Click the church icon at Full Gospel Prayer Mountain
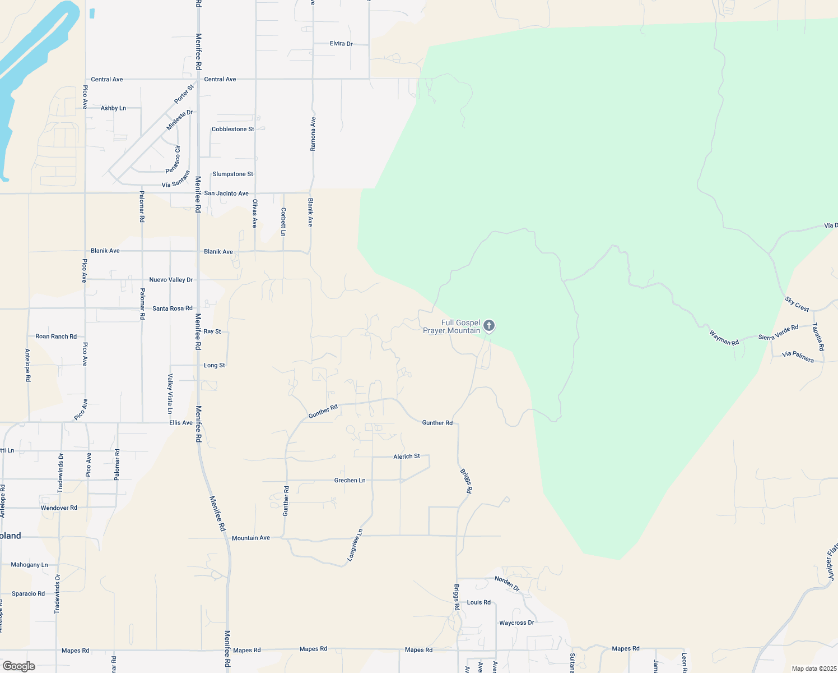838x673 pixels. coord(489,325)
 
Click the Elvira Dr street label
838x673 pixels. coord(341,44)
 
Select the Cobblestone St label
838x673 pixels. coord(232,129)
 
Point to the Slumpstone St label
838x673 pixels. coord(232,174)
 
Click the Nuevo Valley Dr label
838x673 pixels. coord(171,279)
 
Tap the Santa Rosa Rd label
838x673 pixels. coord(173,308)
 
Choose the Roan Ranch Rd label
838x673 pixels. coord(56,336)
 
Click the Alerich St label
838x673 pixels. coord(407,457)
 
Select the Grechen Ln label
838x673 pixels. coord(350,480)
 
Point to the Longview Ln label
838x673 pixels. coord(355,545)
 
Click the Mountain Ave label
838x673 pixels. coord(251,538)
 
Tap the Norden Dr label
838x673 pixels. coord(507,583)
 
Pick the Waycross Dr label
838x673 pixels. coord(516,623)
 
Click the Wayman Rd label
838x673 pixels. coord(724,338)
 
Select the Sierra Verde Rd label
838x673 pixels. coord(778,333)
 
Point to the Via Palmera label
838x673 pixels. coord(798,356)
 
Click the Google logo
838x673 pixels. coord(18,666)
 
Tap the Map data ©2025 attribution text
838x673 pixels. coord(813,669)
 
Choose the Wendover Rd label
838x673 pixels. coord(59,508)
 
